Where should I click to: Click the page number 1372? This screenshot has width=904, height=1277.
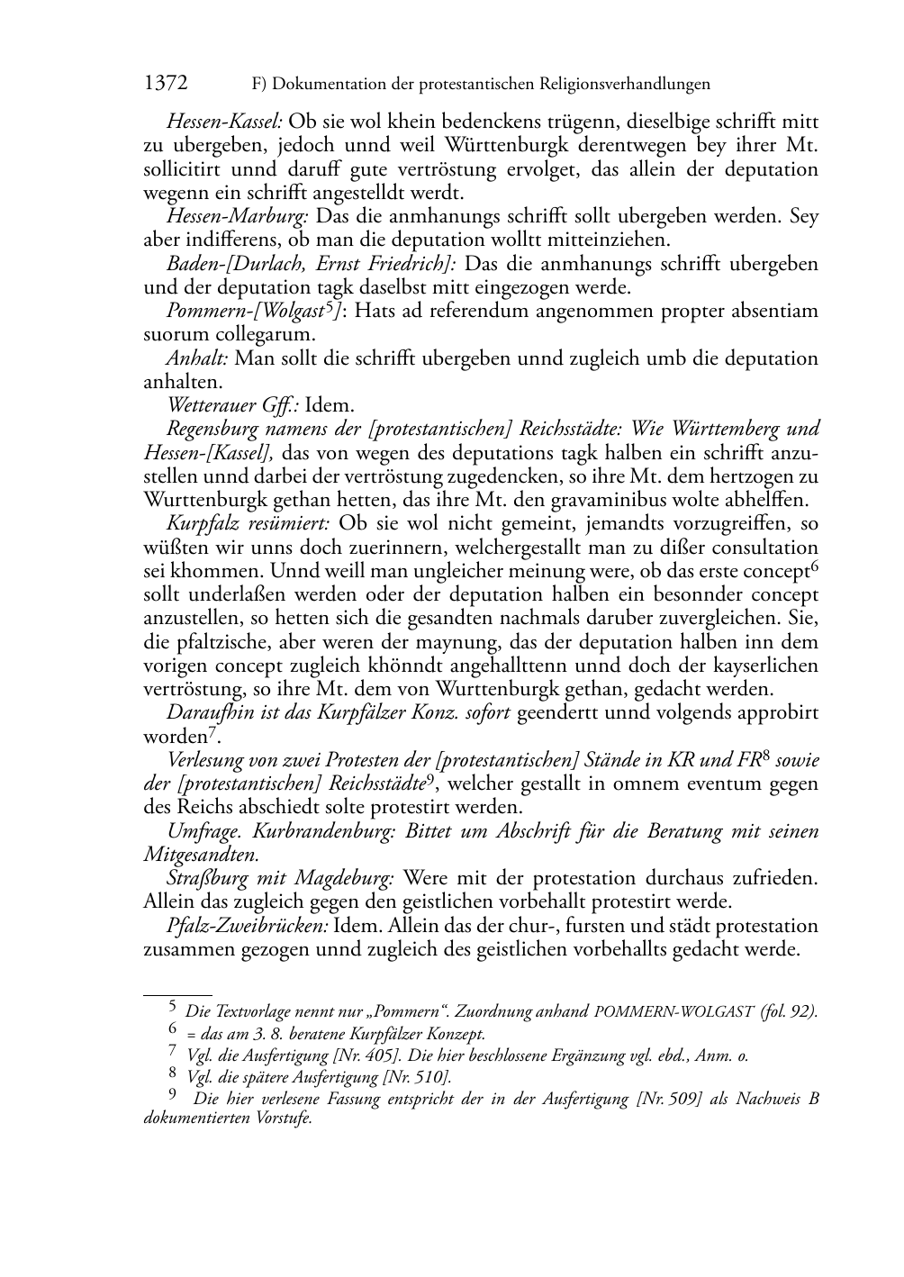166,84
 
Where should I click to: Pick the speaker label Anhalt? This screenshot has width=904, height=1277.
198,358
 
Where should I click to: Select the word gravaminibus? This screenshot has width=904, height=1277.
647,500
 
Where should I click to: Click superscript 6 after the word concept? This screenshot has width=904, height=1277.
814,566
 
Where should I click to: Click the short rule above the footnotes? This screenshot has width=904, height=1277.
177,993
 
